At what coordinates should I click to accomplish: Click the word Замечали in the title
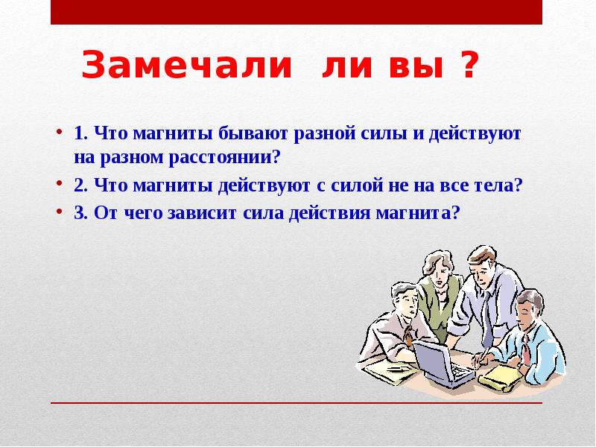tap(187, 66)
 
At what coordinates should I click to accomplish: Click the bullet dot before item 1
tap(59, 134)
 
